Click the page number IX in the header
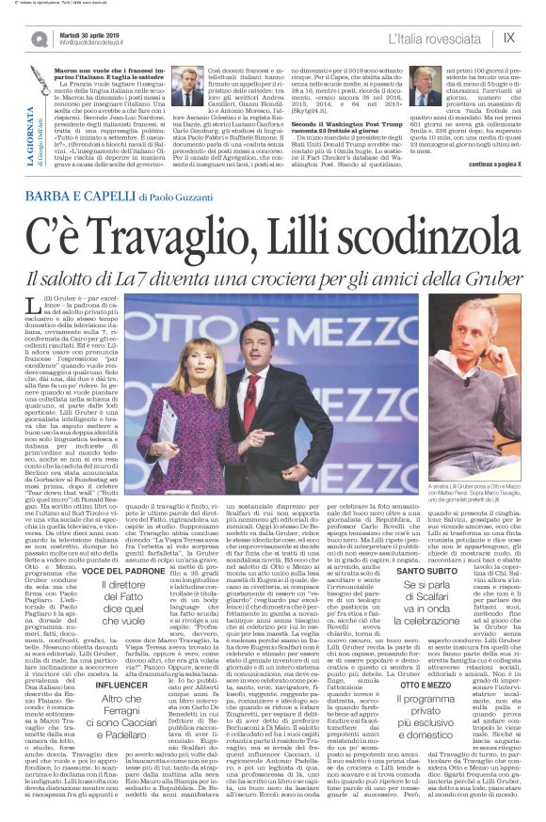click(508, 38)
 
